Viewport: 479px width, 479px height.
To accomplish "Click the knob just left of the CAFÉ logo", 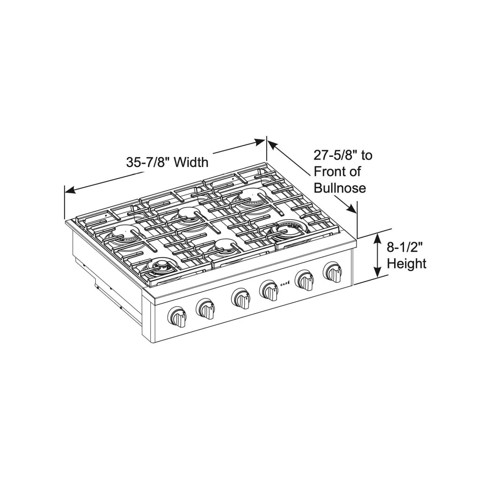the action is [x=269, y=290].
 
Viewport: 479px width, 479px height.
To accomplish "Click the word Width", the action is [x=191, y=162].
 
